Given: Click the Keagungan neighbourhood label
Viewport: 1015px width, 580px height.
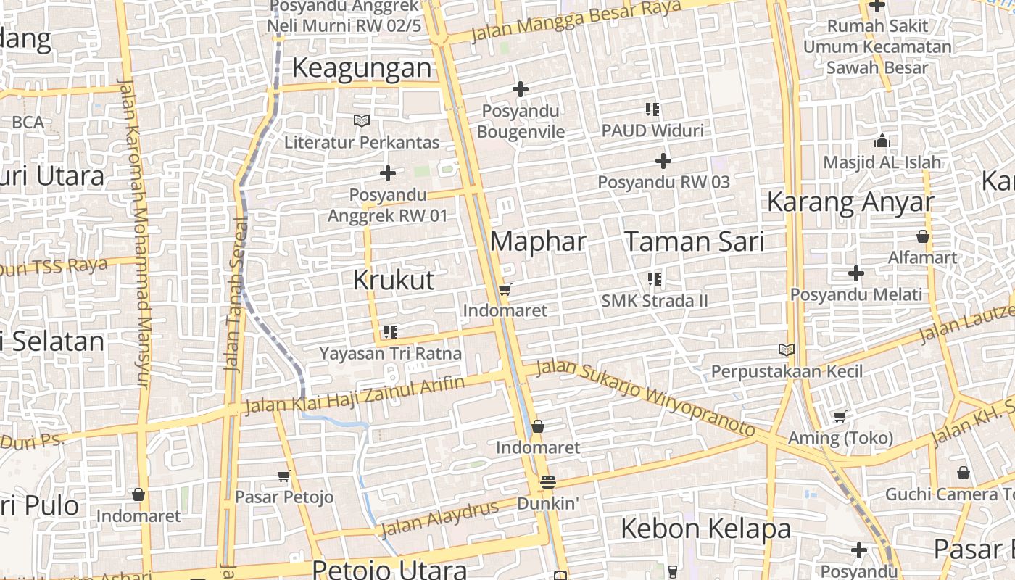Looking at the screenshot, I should (x=362, y=68).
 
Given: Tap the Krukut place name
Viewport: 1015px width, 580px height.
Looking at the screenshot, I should (x=394, y=280).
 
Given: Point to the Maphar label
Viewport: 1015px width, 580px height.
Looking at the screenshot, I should (x=538, y=241).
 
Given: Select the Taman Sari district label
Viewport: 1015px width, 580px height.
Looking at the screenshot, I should (x=695, y=241).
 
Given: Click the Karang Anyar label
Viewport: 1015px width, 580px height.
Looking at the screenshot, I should (x=850, y=202).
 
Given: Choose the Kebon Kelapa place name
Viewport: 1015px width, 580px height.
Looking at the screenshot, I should (x=705, y=529).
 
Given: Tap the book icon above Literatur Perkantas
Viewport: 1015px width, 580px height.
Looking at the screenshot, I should (x=362, y=120).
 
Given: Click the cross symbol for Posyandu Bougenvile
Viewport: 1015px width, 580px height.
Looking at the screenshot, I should (x=520, y=90).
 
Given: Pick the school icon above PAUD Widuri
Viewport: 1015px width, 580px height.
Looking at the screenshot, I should (x=652, y=109).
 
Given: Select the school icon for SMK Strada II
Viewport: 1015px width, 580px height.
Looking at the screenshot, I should (x=655, y=279).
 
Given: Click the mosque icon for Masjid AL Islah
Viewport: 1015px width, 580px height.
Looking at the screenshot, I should (x=882, y=141).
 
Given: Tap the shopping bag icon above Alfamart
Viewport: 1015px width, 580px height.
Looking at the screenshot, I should (x=923, y=236).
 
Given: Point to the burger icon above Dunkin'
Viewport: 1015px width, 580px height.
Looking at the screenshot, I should (x=548, y=482).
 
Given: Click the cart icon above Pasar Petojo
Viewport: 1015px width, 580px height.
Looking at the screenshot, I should (x=284, y=476).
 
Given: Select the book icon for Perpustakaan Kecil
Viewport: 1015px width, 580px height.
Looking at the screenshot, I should (x=787, y=350).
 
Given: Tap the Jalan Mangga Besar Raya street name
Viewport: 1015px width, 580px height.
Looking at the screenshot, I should (x=576, y=21).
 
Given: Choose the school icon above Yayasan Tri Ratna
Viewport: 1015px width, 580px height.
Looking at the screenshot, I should (x=391, y=332).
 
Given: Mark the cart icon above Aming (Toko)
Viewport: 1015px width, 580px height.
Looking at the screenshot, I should (x=840, y=417).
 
